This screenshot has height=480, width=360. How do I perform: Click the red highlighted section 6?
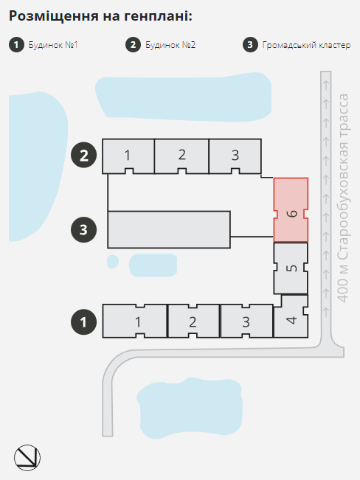pos(291,210)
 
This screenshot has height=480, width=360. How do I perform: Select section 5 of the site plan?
pos(291,268)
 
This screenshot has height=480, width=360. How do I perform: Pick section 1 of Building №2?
pos(128,156)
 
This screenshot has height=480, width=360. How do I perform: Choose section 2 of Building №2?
pos(181,156)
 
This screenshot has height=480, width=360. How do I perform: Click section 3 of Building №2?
pos(235,156)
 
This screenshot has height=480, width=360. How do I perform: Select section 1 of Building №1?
pos(135,321)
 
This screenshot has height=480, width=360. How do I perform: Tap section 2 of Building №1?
pos(193,321)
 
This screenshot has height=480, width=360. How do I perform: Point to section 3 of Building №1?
pos(246,321)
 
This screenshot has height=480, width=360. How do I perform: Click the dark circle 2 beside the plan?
pos(83,155)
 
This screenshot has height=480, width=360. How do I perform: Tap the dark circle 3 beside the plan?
pos(83,229)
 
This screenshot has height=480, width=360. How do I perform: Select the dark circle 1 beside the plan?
pos(83,322)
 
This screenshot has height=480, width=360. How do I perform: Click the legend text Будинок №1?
pos(53,45)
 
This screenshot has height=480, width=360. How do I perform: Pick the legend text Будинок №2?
pos(170,45)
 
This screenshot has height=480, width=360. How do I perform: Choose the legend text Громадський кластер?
pos(306,45)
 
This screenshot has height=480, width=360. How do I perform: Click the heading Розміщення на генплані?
pos(100,16)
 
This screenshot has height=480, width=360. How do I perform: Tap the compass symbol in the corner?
pos(27,458)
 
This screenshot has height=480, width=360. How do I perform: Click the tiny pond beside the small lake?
pos(112,262)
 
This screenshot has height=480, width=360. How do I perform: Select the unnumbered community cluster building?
pos(169,229)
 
